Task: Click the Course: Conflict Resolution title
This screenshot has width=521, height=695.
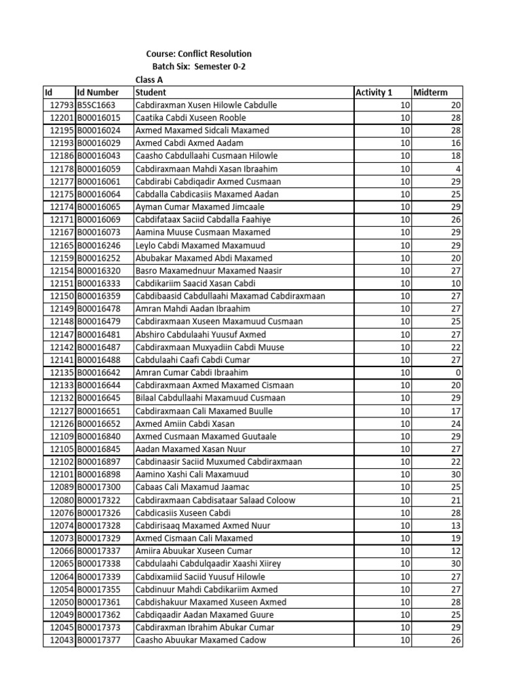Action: [x=199, y=54]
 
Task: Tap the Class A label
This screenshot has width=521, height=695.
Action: [x=151, y=79]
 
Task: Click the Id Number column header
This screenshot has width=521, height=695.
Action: [x=98, y=92]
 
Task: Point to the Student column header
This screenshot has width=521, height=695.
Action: [x=151, y=92]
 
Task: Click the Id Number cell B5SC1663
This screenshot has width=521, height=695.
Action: [x=96, y=105]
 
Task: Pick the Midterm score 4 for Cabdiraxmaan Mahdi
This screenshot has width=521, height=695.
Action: [x=458, y=168]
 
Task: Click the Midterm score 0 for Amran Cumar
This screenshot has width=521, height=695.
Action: [x=458, y=373]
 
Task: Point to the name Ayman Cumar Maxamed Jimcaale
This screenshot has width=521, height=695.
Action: [x=199, y=206]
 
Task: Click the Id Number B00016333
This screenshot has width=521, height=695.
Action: [x=98, y=283]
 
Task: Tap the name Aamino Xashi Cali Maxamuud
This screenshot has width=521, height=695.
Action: [x=193, y=474]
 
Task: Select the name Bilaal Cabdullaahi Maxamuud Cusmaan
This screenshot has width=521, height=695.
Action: [x=210, y=398]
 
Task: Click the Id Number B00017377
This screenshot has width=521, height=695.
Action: [x=98, y=640]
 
